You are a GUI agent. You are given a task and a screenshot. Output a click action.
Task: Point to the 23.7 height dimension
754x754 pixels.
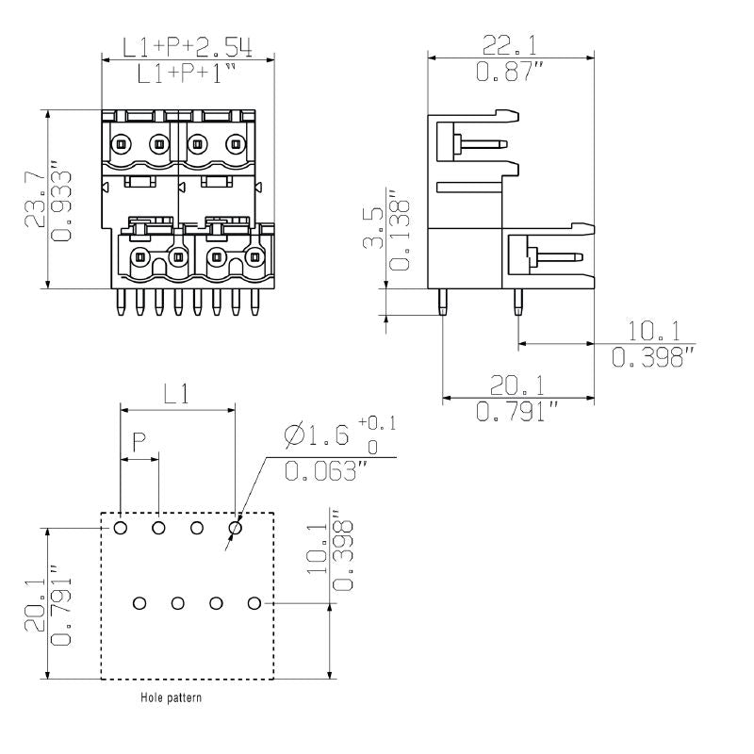(34, 200)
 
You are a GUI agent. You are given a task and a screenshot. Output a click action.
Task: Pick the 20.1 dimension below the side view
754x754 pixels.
(516, 385)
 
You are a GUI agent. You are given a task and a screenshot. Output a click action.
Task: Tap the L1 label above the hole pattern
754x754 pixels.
(174, 395)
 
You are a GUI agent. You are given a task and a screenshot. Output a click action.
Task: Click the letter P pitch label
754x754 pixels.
(139, 441)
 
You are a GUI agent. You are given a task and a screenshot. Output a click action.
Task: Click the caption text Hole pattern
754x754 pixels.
(171, 698)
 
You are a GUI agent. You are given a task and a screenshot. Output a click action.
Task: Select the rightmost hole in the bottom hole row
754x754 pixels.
(254, 602)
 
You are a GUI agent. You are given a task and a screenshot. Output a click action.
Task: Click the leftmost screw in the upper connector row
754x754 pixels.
(120, 144)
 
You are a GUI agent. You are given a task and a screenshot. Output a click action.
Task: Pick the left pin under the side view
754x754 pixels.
(443, 301)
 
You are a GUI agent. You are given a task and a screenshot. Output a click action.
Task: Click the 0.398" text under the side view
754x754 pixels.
(652, 358)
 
